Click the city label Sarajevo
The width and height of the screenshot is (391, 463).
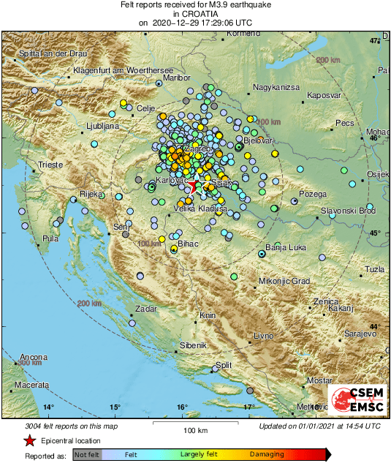[360, 333]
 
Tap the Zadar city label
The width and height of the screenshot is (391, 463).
[146, 309]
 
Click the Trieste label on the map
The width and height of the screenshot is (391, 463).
[51, 165]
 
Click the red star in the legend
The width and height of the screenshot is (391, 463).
[29, 440]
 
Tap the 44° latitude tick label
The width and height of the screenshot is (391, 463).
[374, 326]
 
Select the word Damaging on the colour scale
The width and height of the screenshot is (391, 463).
[267, 454]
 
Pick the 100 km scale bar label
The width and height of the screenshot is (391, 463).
[196, 430]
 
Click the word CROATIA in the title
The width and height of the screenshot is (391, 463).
[195, 14]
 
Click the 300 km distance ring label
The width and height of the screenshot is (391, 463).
[29, 363]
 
